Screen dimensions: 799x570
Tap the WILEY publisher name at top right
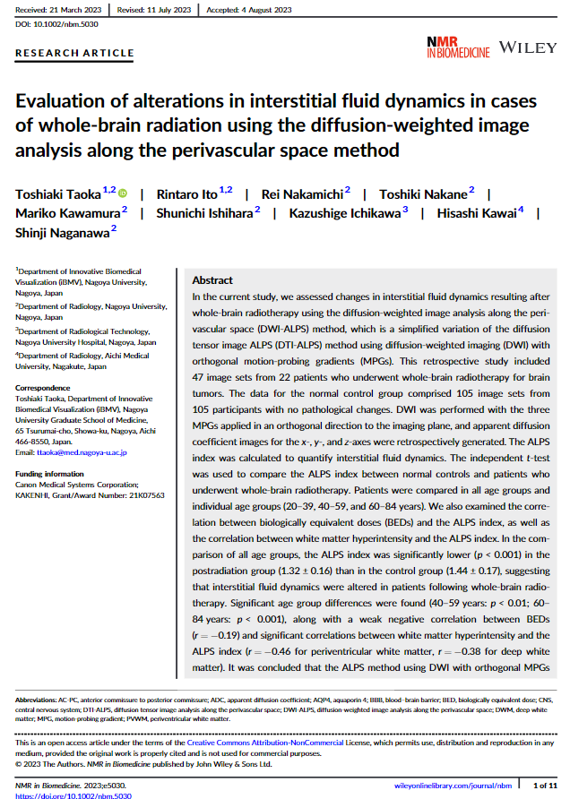[x=528, y=47]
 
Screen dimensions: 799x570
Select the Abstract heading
[x=212, y=280]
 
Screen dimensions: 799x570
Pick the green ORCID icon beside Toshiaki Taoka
[x=123, y=193]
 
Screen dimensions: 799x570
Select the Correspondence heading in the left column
[x=44, y=389]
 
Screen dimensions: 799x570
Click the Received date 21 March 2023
[x=55, y=10]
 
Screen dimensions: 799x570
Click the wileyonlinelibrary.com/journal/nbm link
[x=453, y=786]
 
